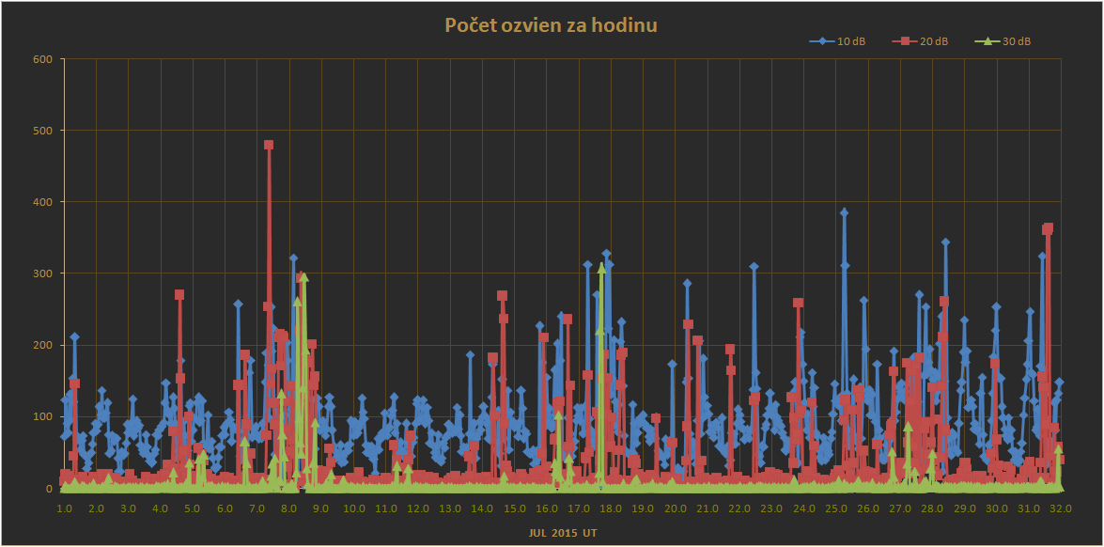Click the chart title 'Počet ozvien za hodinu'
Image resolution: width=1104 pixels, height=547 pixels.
(551, 25)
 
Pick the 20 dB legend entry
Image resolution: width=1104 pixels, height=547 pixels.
(926, 41)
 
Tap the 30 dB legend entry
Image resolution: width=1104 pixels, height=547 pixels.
(1007, 41)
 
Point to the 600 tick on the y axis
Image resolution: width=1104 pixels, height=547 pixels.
(44, 59)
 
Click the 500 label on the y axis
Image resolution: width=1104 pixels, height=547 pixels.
(44, 131)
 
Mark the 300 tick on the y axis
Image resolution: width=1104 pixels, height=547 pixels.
(44, 273)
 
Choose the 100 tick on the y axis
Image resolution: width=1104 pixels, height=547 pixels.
(44, 416)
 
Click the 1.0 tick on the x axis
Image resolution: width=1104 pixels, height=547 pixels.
(64, 508)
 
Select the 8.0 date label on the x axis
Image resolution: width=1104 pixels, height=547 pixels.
(288, 508)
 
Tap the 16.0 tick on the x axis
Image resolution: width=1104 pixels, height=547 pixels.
(546, 508)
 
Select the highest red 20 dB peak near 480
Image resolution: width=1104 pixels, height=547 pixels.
(269, 145)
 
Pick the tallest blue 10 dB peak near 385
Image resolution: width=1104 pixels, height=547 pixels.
(844, 212)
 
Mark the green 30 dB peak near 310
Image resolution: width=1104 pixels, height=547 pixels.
(601, 267)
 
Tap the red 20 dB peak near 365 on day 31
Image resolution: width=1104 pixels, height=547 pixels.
(1048, 228)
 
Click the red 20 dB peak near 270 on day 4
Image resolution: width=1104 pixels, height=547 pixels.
(179, 295)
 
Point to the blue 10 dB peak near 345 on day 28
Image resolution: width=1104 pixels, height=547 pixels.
(945, 242)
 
